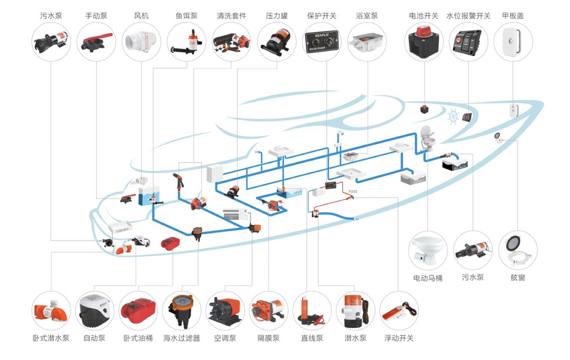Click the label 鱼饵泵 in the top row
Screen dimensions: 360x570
[x=186, y=16]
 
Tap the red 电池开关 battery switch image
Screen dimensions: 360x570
[x=424, y=42]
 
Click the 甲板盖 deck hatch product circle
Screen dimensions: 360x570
[x=513, y=42]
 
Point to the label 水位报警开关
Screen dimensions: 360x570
[x=468, y=16]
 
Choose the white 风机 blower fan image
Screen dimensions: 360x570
[x=141, y=42]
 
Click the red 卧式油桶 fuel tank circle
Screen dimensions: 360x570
[x=138, y=310]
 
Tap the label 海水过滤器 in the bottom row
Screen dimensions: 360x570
[x=181, y=338]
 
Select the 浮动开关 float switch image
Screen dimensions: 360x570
[x=399, y=310]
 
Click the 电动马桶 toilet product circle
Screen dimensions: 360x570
[x=428, y=250]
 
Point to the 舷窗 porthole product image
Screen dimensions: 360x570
[x=517, y=250]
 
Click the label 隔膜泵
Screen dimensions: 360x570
[x=268, y=338]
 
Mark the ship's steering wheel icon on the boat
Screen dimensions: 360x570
[x=453, y=116]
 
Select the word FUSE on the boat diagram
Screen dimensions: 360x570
[x=353, y=192]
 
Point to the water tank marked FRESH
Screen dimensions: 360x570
[x=290, y=191]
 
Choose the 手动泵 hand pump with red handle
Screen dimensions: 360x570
[x=96, y=42]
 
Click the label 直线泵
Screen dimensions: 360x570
[x=312, y=338]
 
